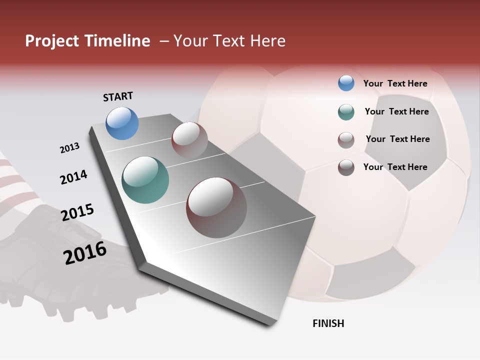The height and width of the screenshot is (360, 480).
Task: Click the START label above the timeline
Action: coord(118,96)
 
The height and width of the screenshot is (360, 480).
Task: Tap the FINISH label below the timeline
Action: coord(328,323)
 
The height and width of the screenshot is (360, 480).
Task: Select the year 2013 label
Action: coord(69,147)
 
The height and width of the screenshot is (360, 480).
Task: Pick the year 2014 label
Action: coord(73,177)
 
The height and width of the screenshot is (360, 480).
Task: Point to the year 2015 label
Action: coord(77,212)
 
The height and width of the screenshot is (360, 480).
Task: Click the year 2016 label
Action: coord(85,252)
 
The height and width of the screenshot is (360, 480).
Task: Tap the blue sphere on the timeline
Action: coord(122,123)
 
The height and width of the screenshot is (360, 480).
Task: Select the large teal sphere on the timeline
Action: coord(145,180)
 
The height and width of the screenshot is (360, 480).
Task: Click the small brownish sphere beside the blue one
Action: coord(189,140)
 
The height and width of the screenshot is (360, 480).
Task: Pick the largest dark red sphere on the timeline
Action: coord(216,207)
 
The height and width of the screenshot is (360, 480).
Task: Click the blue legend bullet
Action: coord(346,83)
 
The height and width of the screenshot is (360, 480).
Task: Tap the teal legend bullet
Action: coord(346,112)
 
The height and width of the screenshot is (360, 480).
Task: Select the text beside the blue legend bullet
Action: coord(395,83)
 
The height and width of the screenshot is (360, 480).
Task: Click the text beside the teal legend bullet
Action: coord(396,111)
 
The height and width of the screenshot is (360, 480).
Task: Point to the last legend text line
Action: coord(395,167)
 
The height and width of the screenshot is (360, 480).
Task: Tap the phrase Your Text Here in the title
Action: coord(229,41)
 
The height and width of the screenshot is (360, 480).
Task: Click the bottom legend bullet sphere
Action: coord(346,167)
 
